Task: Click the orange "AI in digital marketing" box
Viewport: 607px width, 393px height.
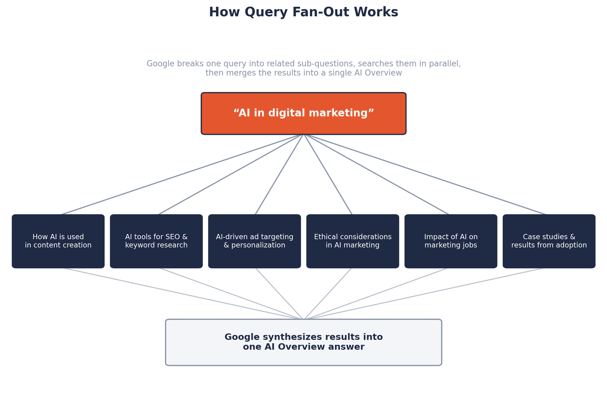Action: tap(303, 114)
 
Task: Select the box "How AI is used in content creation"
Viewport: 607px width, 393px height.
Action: tap(58, 241)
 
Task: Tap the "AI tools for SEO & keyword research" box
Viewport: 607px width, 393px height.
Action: tap(156, 241)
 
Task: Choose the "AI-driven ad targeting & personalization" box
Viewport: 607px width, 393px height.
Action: tap(255, 241)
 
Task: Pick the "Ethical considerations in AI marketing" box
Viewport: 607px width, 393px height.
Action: tap(352, 241)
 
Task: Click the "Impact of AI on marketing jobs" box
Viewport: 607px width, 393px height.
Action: tap(451, 241)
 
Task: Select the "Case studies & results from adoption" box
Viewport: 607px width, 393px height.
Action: tap(549, 241)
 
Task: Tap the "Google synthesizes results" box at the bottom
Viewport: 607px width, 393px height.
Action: tap(303, 342)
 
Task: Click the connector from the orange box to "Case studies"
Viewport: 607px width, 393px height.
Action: tap(425, 174)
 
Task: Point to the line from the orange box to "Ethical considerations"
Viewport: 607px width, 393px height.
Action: tap(328, 174)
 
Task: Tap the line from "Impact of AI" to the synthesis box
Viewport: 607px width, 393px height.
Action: tap(376, 294)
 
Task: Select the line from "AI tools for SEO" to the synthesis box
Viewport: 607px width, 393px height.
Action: tap(231, 294)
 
